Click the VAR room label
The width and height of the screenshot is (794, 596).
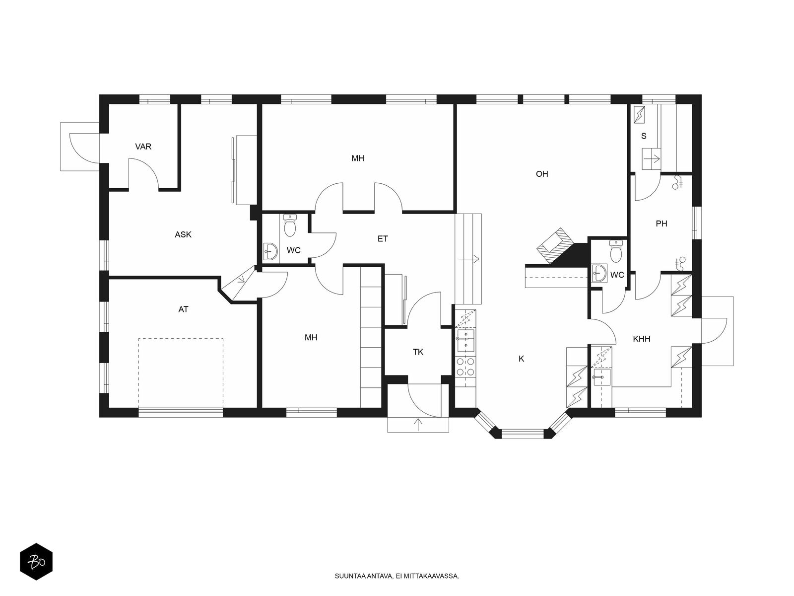[143, 147]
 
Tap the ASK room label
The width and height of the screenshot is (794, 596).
[183, 234]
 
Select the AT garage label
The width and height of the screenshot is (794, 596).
[184, 309]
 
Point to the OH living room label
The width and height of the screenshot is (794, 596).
[541, 174]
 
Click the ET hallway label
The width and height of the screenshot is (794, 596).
[383, 239]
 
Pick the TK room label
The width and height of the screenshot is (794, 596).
[418, 352]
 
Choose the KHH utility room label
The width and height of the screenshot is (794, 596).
[642, 339]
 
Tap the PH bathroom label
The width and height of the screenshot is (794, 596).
[661, 223]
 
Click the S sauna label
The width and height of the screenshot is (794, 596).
[644, 136]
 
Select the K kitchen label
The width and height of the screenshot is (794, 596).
[521, 359]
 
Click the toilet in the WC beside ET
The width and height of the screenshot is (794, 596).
[290, 225]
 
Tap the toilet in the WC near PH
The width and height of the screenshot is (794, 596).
[615, 251]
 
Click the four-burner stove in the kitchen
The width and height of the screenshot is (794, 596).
[465, 367]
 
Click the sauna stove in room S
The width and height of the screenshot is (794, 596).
[640, 114]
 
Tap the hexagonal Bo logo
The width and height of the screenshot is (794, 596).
[36, 561]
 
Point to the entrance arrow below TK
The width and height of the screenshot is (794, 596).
[418, 424]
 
